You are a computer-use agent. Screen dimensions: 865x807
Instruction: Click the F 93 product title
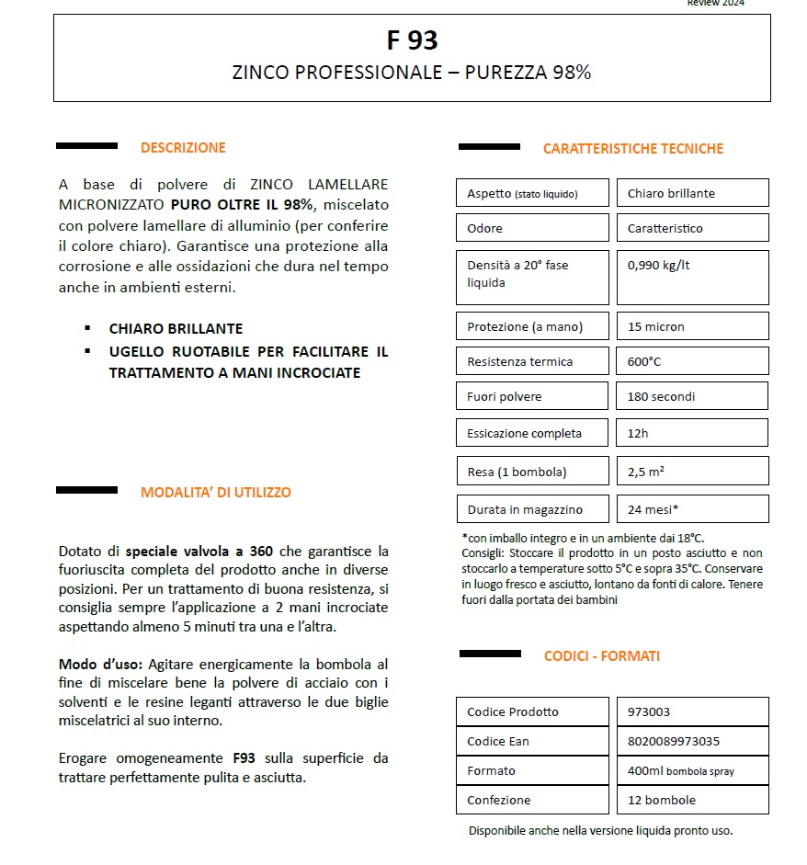[412, 40]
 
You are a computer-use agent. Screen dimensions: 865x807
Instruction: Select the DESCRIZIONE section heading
[183, 147]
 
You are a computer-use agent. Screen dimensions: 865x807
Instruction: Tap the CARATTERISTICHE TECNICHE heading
[633, 148]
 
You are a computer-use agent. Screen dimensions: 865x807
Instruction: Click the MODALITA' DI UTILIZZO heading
[216, 493]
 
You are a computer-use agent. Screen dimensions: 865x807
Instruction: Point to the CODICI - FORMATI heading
[602, 656]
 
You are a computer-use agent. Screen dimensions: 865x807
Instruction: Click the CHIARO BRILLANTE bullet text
[176, 328]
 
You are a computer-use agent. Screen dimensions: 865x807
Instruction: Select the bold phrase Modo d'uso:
[100, 664]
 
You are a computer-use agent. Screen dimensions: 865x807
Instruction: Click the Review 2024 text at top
[716, 4]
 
